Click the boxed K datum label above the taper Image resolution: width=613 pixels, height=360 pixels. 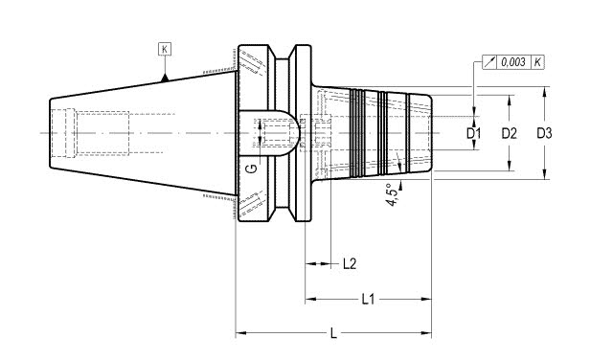coord(165,49)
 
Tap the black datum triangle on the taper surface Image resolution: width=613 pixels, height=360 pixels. coord(165,79)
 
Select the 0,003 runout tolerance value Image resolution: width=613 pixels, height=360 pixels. coord(513,62)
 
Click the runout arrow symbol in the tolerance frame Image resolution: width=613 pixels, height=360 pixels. coord(489,62)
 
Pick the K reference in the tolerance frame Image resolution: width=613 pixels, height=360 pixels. coord(538,62)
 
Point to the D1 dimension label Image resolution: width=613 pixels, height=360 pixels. coord(473,133)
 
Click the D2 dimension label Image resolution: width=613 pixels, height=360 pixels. coord(509,133)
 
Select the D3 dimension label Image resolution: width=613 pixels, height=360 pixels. coord(544,133)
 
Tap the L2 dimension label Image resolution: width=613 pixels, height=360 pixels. coord(350,264)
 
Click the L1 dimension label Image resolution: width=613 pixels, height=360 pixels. coord(368,300)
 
